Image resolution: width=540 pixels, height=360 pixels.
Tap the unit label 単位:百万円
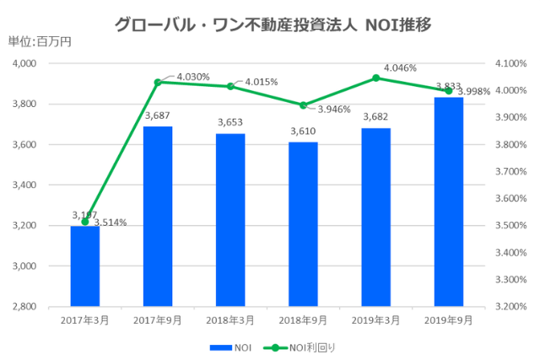pyautogui.click(x=40, y=42)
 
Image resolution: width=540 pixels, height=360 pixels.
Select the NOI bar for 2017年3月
pyautogui.click(x=85, y=266)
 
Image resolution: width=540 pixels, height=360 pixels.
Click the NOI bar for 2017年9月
pyautogui.click(x=158, y=216)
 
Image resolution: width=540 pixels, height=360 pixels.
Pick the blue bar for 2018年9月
pyautogui.click(x=303, y=223)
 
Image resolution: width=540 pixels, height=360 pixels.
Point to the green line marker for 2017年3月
pyautogui.click(x=85, y=222)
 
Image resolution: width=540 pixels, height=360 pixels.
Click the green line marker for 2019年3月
pyautogui.click(x=375, y=78)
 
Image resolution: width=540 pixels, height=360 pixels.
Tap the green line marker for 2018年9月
pyautogui.click(x=303, y=105)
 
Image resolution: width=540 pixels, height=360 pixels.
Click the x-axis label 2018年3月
pyautogui.click(x=230, y=320)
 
